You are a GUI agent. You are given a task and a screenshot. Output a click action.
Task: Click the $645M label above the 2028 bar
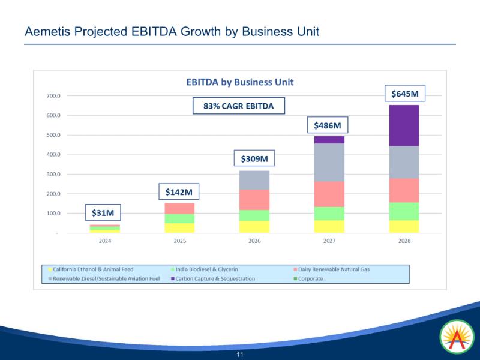pyautogui.click(x=404, y=94)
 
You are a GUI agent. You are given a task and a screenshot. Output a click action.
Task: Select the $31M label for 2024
pyautogui.click(x=103, y=212)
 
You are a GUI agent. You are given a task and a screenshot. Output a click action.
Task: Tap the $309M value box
pyautogui.click(x=254, y=158)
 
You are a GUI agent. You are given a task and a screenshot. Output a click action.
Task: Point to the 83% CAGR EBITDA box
pyautogui.click(x=238, y=106)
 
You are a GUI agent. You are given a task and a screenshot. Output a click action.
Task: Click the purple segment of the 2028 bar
pyautogui.click(x=404, y=125)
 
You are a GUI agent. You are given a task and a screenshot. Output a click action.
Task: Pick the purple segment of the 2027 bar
pyautogui.click(x=329, y=140)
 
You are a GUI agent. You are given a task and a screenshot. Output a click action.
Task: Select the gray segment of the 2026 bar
pyautogui.click(x=254, y=180)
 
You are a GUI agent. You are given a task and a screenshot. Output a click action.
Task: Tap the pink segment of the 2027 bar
pyautogui.click(x=329, y=194)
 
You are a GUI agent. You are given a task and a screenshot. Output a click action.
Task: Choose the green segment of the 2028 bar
pyautogui.click(x=404, y=211)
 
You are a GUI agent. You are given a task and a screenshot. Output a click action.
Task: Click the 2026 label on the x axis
pyautogui.click(x=254, y=241)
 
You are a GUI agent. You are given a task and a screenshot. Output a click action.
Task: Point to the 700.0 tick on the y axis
pyautogui.click(x=53, y=95)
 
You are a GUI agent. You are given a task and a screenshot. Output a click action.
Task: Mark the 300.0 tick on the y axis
pyautogui.click(x=53, y=175)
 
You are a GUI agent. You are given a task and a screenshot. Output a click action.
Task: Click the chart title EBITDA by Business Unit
pyautogui.click(x=239, y=82)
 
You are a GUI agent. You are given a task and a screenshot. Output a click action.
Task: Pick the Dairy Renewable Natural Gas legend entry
pyautogui.click(x=334, y=269)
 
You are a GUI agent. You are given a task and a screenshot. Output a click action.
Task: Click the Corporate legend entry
pyautogui.click(x=310, y=278)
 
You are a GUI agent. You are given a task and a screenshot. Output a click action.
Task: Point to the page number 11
pyautogui.click(x=240, y=355)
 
